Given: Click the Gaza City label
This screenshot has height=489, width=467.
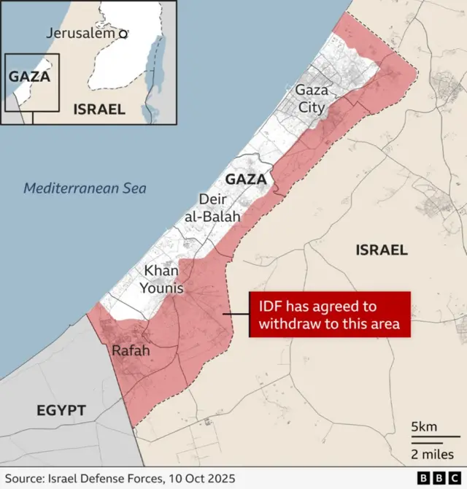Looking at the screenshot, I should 310,98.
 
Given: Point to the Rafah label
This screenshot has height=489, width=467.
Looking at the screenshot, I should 131,351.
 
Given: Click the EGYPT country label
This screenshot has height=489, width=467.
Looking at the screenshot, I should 61,411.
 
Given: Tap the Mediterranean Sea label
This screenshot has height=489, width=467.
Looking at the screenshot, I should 85,188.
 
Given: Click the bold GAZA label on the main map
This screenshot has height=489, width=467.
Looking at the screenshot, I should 244,180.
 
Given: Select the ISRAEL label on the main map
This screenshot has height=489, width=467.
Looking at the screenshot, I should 381,250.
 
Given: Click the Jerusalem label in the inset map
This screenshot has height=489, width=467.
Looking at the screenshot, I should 81,33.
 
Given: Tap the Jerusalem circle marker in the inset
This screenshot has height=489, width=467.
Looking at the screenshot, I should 123,33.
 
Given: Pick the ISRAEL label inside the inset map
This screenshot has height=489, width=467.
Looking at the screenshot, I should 99,109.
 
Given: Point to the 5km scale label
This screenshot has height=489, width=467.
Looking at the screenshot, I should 424,426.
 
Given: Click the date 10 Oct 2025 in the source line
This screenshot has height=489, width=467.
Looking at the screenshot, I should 198,479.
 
